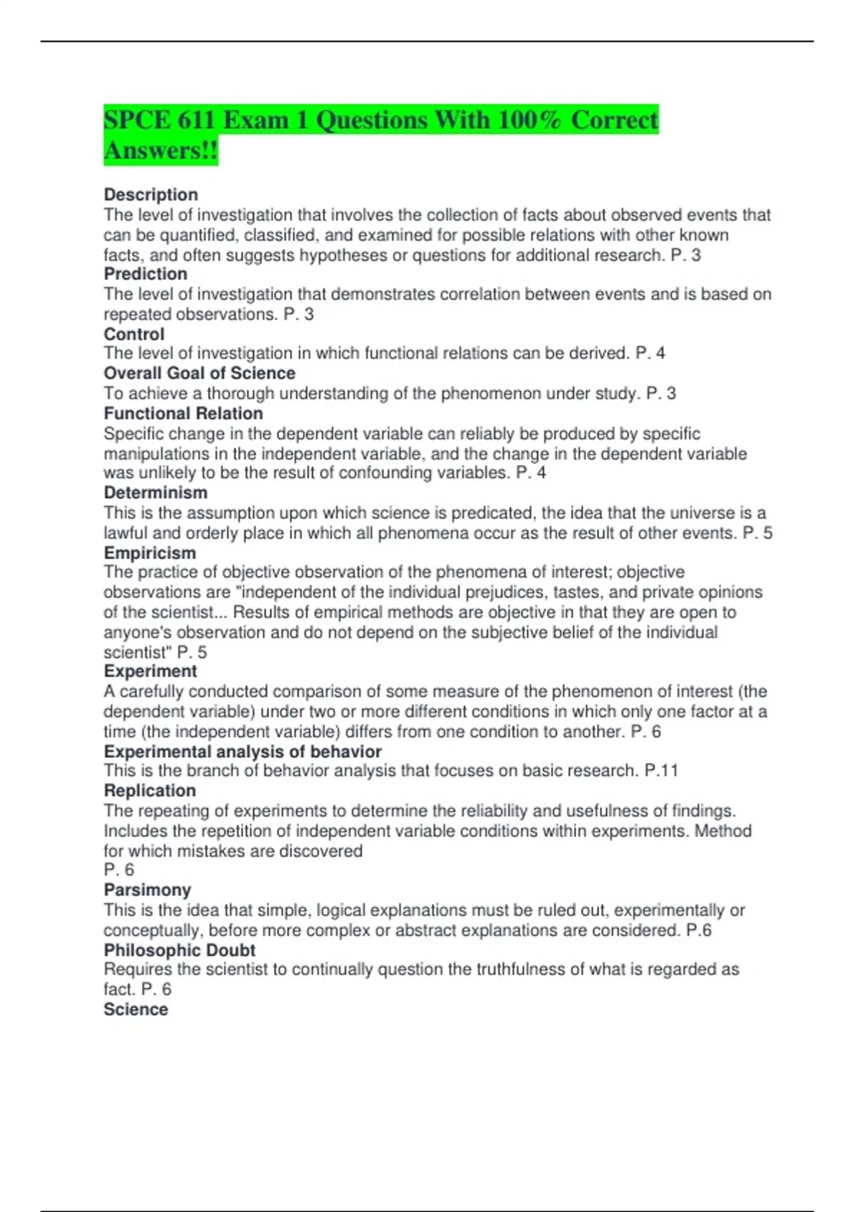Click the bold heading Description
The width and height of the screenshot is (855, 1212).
pos(151,195)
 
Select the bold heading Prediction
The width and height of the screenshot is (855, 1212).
pos(145,274)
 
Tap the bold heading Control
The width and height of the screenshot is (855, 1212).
pos(134,334)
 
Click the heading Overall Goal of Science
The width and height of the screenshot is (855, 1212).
pos(199,373)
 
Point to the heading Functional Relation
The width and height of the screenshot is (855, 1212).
pos(183,414)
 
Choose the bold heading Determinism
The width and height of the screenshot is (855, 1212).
pos(155,493)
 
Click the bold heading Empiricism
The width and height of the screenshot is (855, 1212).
pos(150,553)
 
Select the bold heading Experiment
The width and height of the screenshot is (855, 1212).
pos(150,671)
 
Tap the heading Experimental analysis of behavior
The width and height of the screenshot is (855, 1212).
pos(242,751)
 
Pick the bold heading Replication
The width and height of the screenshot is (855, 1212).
pos(150,791)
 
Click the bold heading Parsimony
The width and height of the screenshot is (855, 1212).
pos(147,890)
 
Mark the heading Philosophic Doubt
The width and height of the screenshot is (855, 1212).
pos(180,950)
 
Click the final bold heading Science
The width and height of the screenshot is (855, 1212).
pos(135,1010)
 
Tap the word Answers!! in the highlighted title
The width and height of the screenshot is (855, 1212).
pos(160,150)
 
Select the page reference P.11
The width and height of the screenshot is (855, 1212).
pos(661,771)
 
